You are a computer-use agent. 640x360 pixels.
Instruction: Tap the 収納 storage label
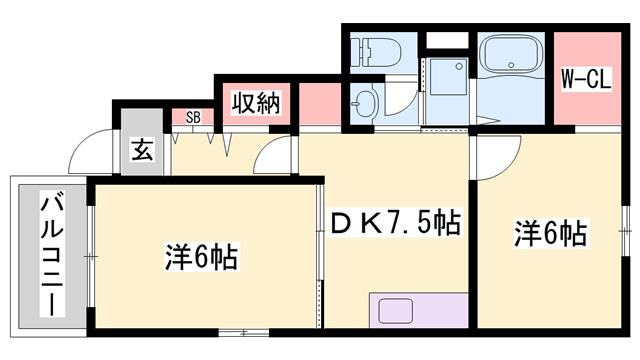tap(255, 102)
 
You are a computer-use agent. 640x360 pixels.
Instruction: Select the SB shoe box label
tap(193, 117)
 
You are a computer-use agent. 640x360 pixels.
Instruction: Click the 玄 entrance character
tap(143, 152)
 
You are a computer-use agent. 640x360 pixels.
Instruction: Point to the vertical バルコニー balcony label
tap(47, 256)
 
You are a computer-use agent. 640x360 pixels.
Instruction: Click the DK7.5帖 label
tap(394, 222)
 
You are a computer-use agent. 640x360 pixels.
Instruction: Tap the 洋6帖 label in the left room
tap(201, 257)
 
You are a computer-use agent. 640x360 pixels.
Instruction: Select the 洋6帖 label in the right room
tap(550, 234)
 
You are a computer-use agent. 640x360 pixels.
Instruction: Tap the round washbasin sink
tap(363, 102)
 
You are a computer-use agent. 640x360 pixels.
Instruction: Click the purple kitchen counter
tap(417, 310)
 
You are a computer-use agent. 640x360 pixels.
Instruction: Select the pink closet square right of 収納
tap(319, 104)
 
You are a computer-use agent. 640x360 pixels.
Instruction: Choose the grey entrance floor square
tap(143, 152)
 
